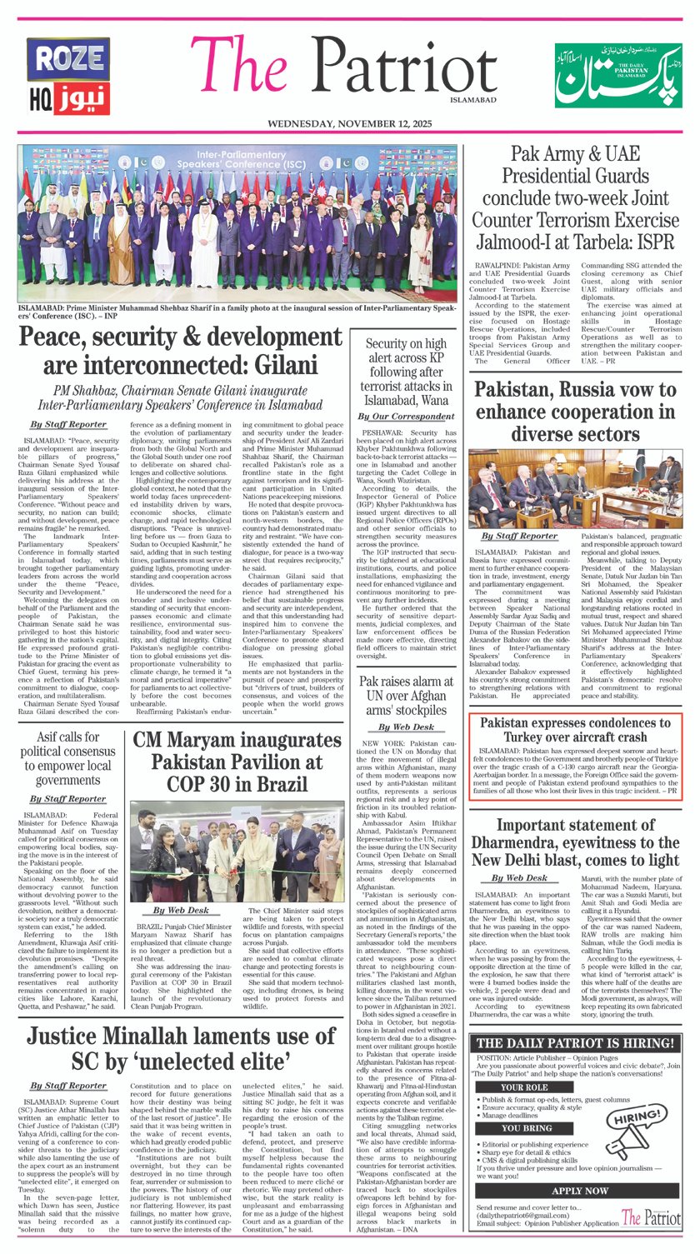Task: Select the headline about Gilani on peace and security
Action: [x=180, y=352]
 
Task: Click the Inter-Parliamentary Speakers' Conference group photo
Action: [x=237, y=224]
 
